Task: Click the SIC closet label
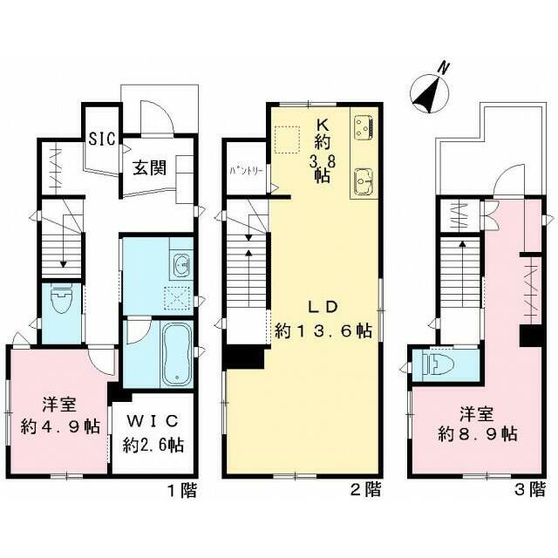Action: pyautogui.click(x=102, y=138)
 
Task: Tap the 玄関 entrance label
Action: pyautogui.click(x=150, y=167)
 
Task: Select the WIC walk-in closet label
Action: pyautogui.click(x=153, y=421)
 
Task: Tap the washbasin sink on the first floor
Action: pyautogui.click(x=180, y=263)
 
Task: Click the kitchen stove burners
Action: pyautogui.click(x=364, y=128)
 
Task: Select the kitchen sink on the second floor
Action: pyautogui.click(x=364, y=181)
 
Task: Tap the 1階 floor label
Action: pyautogui.click(x=181, y=490)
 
